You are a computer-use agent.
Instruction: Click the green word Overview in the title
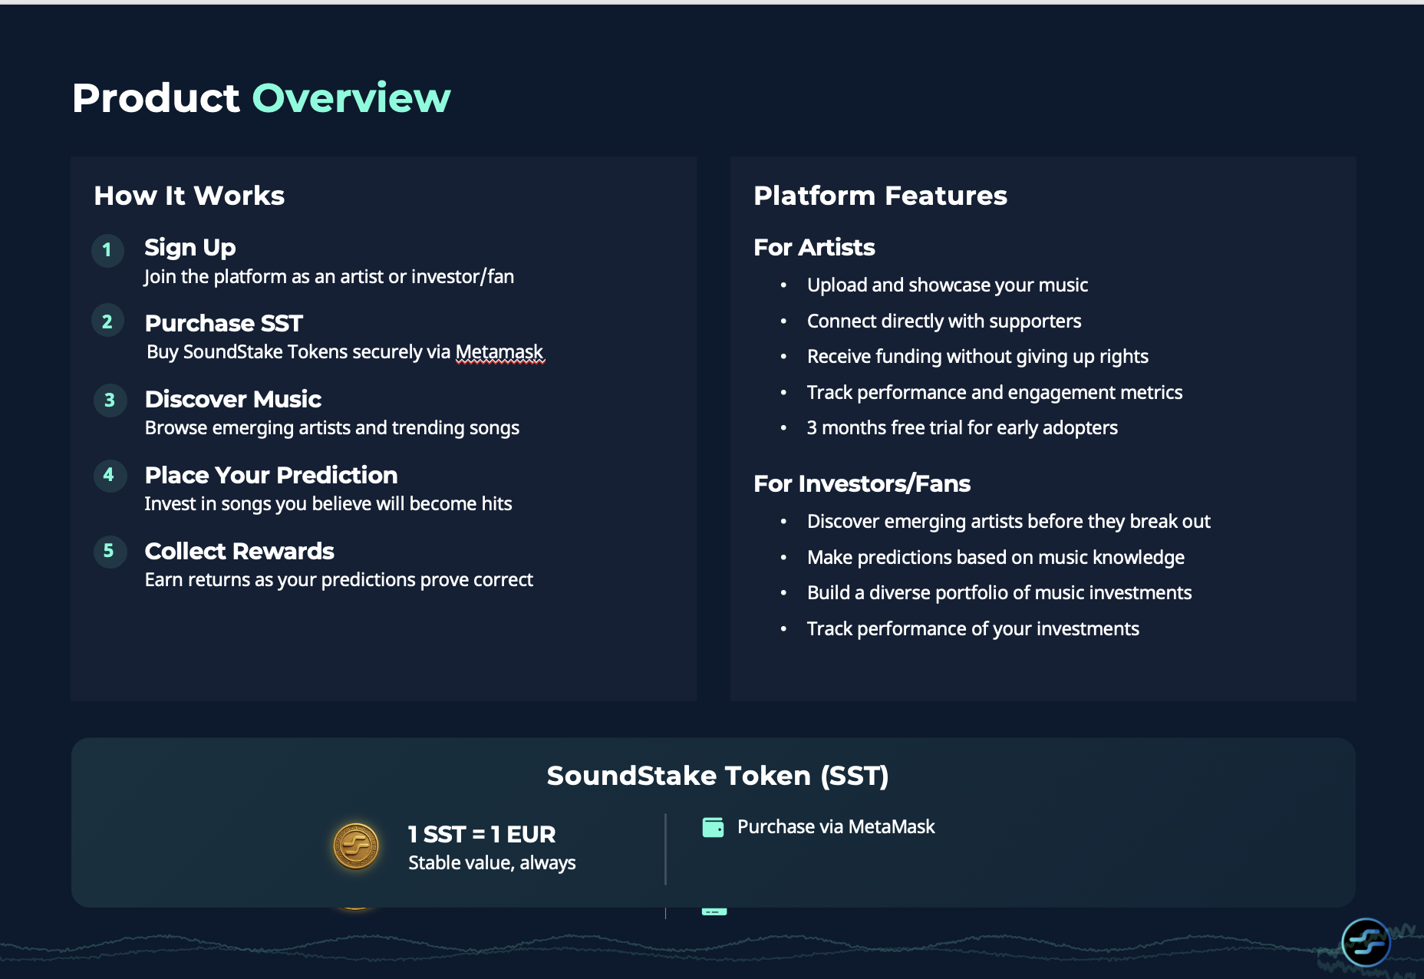(x=351, y=98)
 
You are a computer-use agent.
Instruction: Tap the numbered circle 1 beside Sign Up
(x=107, y=250)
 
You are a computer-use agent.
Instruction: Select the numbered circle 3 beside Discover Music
(x=110, y=400)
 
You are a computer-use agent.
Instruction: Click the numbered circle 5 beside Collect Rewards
(x=109, y=551)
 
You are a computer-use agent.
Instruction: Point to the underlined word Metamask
(x=499, y=352)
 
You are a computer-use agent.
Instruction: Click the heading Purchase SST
(x=223, y=323)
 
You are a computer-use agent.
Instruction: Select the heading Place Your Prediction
(x=271, y=475)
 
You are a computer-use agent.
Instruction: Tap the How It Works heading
(x=189, y=196)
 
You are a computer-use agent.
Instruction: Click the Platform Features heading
(x=880, y=196)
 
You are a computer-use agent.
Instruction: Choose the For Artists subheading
(x=814, y=248)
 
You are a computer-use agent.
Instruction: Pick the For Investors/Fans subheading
(x=862, y=484)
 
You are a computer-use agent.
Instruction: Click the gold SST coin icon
(x=356, y=846)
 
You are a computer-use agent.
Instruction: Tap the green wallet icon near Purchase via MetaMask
(x=713, y=827)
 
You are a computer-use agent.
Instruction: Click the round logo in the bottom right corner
(x=1366, y=941)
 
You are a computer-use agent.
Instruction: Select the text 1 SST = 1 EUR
(x=481, y=834)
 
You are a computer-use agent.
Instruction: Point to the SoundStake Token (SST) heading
(x=717, y=776)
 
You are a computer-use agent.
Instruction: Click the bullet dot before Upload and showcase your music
(x=783, y=285)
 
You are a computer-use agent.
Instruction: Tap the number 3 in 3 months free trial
(x=812, y=428)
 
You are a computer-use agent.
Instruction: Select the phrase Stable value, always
(x=492, y=863)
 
